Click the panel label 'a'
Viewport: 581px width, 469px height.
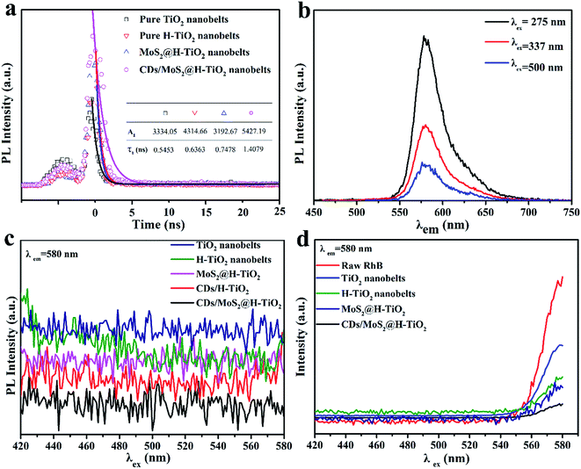[11, 11]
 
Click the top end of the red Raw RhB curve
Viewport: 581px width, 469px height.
[562, 278]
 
